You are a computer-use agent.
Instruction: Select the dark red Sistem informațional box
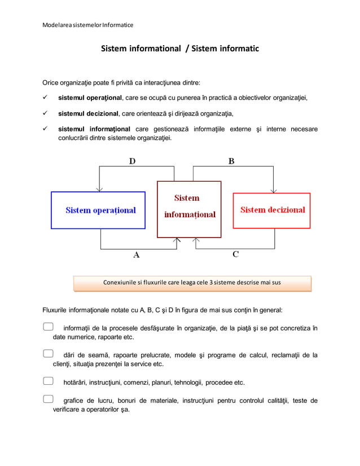(189, 209)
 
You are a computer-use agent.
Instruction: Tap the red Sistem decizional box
(272, 210)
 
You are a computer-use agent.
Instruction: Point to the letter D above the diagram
(131, 161)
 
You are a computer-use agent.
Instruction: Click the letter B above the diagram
(231, 161)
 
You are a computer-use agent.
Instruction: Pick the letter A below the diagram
(136, 254)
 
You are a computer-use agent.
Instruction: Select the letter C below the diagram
(235, 254)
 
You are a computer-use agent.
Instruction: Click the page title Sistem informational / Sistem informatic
(179, 49)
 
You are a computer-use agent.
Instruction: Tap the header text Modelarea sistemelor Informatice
(88, 25)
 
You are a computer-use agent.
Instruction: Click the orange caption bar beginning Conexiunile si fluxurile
(192, 283)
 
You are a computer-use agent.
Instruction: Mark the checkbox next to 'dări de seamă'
(48, 354)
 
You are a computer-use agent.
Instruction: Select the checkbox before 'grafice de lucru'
(48, 399)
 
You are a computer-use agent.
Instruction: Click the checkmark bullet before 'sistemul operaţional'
(46, 97)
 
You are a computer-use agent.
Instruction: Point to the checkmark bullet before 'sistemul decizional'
(46, 113)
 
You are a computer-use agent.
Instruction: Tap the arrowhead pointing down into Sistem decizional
(274, 189)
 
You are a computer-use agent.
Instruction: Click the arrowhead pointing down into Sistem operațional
(100, 188)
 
